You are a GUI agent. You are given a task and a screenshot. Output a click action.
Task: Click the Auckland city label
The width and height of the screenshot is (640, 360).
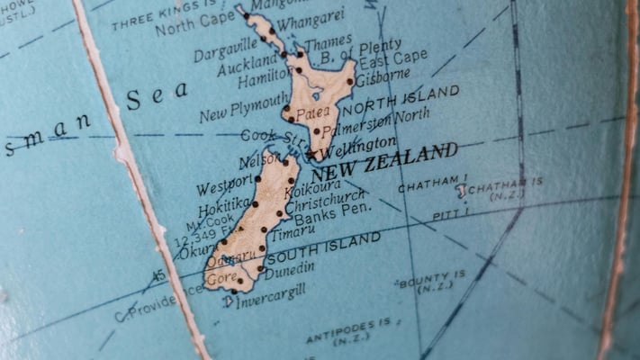(248, 66)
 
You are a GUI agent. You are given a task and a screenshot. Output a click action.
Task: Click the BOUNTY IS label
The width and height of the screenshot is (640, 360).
(433, 280)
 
